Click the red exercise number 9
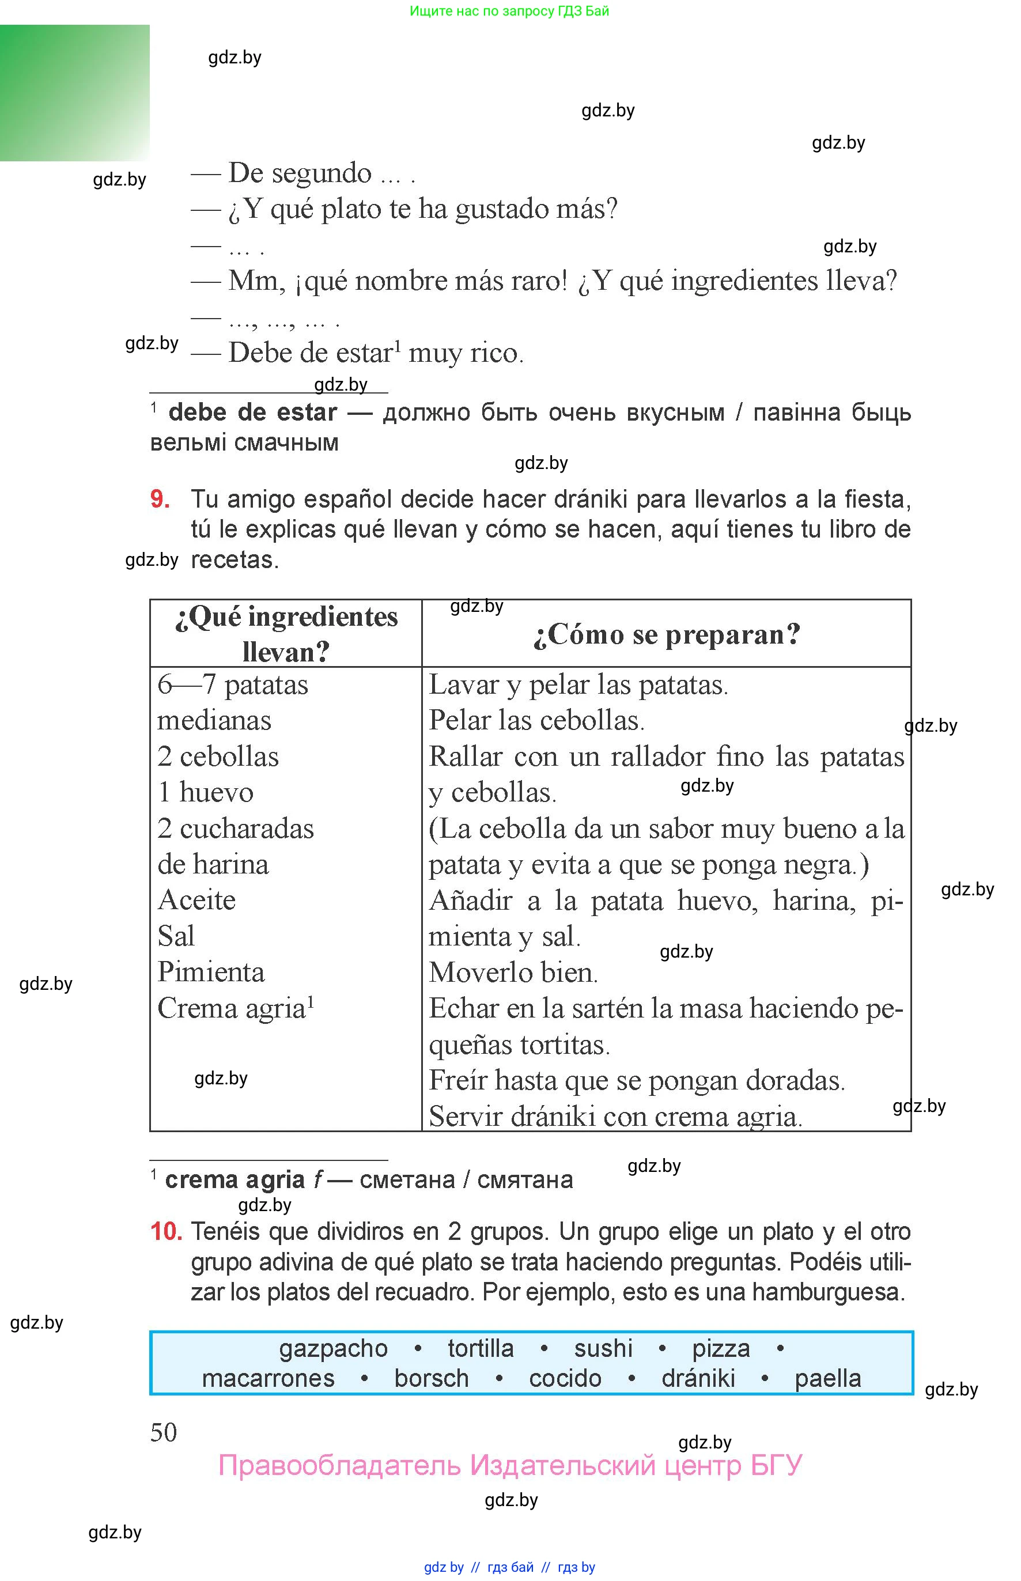(x=159, y=499)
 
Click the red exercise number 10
(x=166, y=1232)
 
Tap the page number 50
(x=163, y=1432)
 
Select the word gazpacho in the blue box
(x=333, y=1348)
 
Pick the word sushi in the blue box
(x=603, y=1348)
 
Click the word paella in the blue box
(x=827, y=1379)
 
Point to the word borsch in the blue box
(x=431, y=1379)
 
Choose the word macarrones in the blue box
(x=268, y=1379)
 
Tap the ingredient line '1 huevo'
(x=206, y=793)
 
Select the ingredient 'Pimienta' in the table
(x=211, y=973)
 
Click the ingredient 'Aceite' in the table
(x=196, y=900)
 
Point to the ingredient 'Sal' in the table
(x=176, y=936)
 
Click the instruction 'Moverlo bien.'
(x=513, y=973)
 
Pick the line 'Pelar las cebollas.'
(x=536, y=721)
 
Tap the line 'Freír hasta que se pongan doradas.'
(x=637, y=1080)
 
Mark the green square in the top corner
(x=74, y=93)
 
